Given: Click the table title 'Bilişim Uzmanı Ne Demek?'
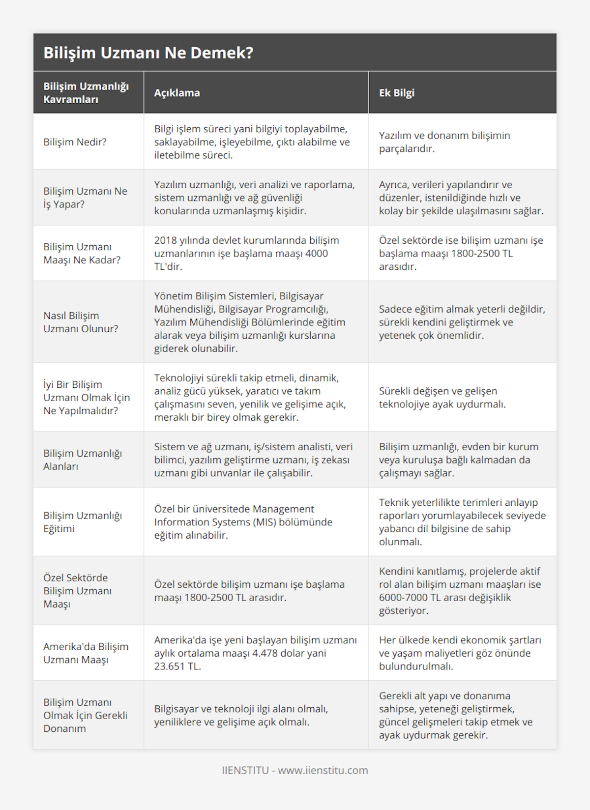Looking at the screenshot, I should coord(148,53).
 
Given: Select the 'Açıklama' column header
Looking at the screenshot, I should coord(177,93).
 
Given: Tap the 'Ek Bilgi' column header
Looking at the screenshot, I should coord(396,93).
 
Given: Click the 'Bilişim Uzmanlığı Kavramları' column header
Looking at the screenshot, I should coord(86,93).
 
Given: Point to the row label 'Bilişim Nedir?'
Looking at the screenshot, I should coord(75,142).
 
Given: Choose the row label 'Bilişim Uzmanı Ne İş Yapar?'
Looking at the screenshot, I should coord(85,198).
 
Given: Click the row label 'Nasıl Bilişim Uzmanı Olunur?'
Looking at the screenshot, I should coord(81,322).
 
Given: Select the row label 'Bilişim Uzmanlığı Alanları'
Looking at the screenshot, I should coord(82,460).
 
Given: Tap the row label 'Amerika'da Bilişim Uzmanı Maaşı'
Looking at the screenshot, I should coord(86,653).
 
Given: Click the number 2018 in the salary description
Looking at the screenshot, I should coord(166,240).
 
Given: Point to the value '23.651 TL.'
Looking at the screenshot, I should coord(177,666).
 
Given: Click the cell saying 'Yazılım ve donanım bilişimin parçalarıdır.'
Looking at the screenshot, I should coord(444,142).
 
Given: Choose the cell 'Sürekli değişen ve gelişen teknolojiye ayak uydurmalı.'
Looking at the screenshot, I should coord(442,398).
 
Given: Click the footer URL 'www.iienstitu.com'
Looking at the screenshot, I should coord(323,770).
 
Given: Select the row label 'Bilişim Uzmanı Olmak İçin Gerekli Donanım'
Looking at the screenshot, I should coord(85,715).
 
